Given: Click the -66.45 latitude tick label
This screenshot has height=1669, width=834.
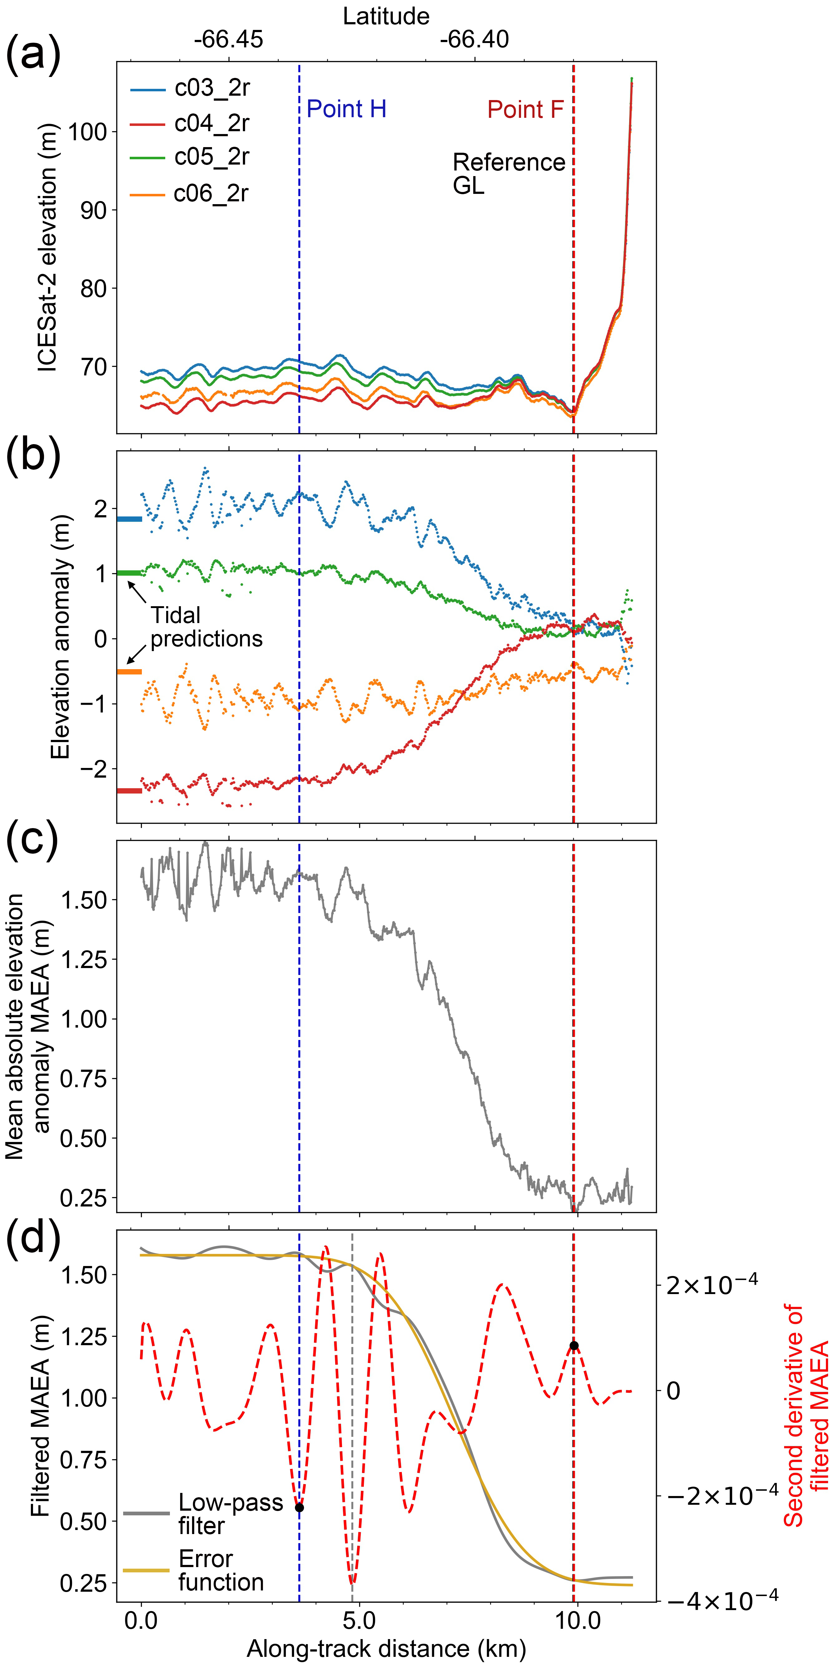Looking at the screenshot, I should click(x=228, y=40).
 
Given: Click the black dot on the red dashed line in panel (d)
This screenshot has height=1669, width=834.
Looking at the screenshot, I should click(x=573, y=1346).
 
